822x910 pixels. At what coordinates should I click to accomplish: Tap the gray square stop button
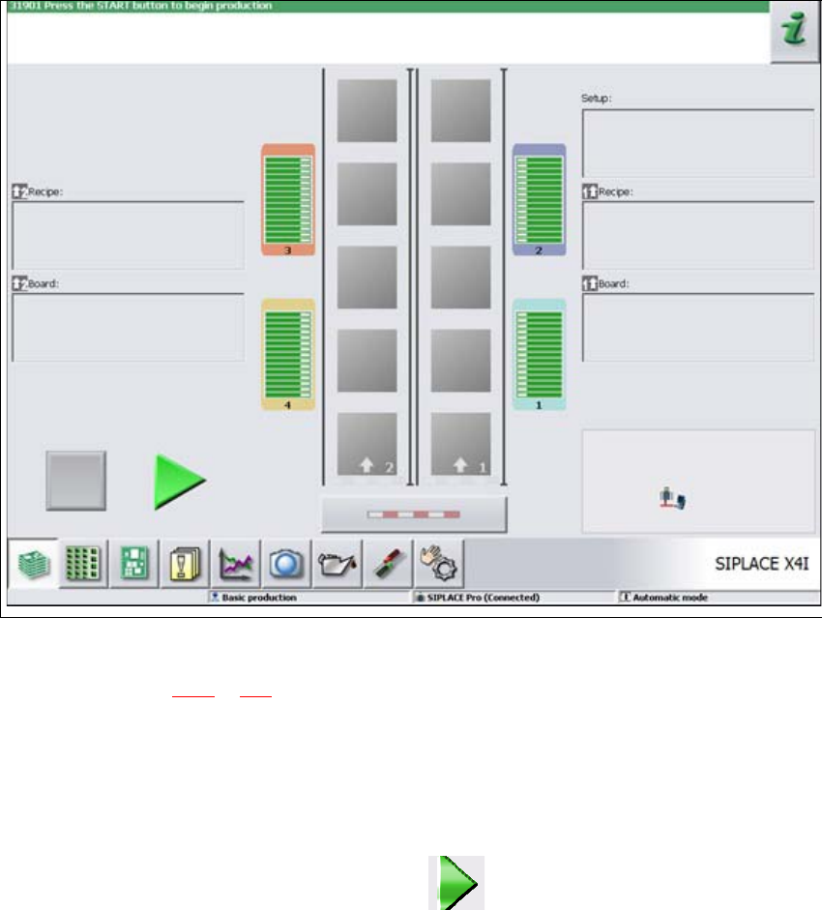coord(75,480)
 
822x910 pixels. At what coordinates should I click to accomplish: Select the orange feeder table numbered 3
coord(288,199)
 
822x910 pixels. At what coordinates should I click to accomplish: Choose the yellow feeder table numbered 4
coord(288,354)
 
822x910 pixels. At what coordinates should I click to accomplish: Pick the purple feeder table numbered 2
coord(539,199)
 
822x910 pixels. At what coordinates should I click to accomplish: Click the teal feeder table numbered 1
coord(539,354)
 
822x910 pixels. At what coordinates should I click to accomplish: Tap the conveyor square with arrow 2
coord(367,444)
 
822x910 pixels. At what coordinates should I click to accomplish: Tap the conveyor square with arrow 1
coord(460,444)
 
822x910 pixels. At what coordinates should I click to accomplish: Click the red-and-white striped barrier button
coord(413,514)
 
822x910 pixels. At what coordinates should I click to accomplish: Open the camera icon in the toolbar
coord(287,563)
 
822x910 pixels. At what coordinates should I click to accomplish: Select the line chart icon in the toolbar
coord(236,563)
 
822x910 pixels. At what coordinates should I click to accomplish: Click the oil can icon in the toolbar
coord(338,563)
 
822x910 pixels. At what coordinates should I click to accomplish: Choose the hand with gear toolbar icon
coord(439,563)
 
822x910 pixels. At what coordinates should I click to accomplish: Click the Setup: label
coord(597,99)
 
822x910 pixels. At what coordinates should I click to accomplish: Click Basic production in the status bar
coord(259,598)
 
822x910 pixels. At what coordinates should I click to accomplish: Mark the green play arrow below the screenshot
coord(456,881)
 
